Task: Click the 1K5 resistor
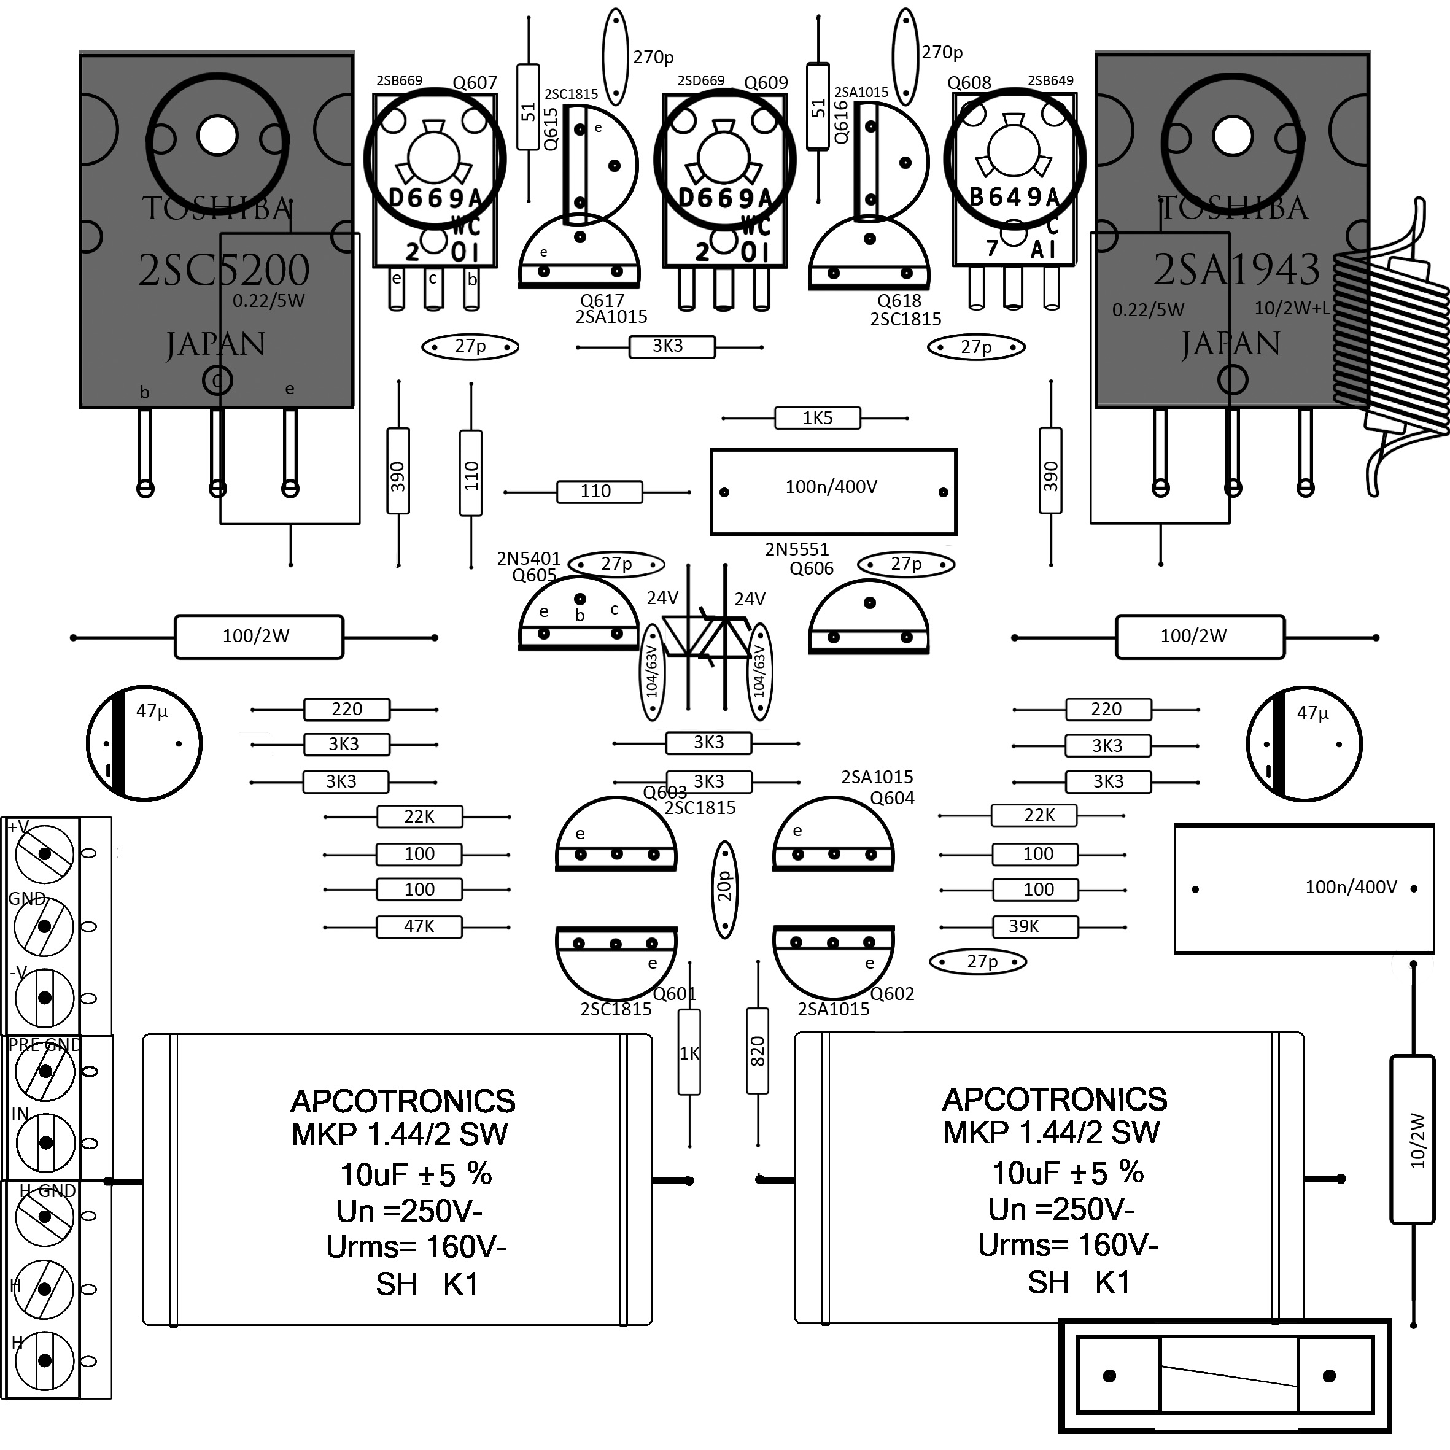[817, 418]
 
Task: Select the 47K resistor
[419, 927]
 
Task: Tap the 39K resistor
[1035, 927]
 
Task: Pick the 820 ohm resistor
[758, 1051]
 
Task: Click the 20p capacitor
[725, 890]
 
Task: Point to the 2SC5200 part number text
[223, 270]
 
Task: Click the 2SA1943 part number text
[1236, 270]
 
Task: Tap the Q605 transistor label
[533, 576]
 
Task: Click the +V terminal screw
[45, 854]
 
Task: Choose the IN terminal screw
[45, 1143]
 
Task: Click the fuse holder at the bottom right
[1225, 1376]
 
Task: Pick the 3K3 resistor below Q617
[671, 347]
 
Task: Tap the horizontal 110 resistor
[599, 492]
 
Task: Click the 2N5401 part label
[529, 559]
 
